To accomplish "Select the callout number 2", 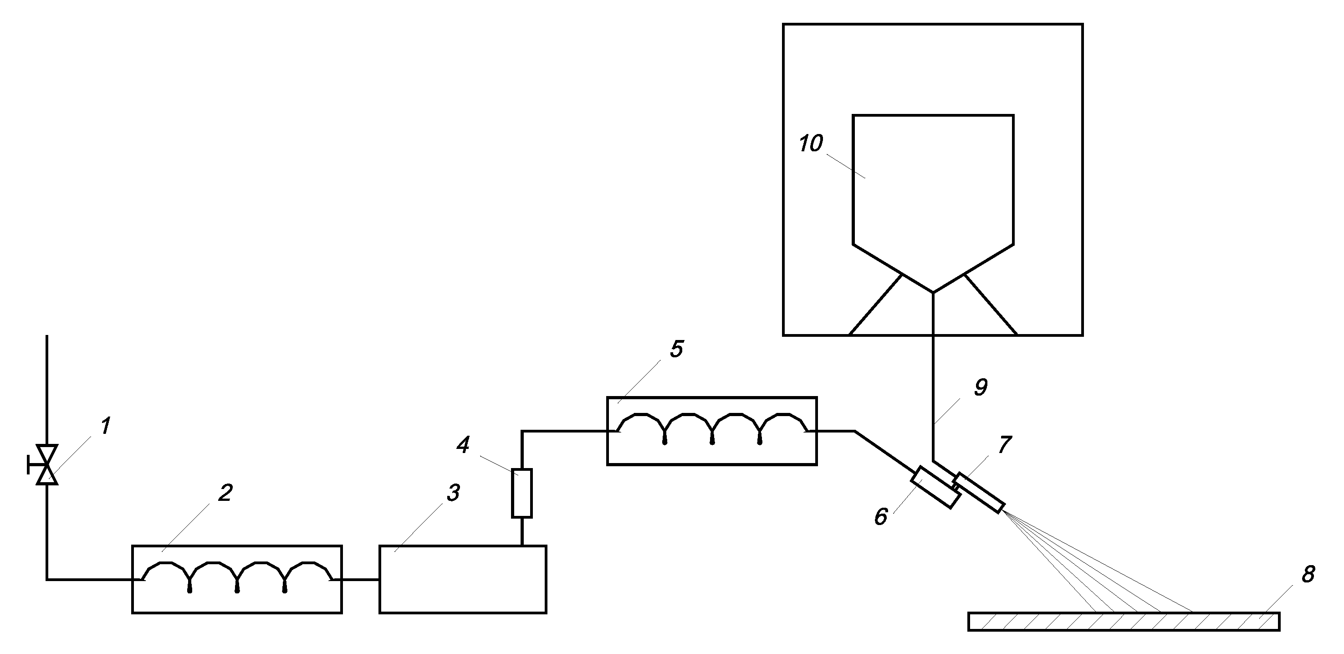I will click(225, 493).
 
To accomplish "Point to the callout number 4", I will click(463, 445).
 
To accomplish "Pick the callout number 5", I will click(676, 349).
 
